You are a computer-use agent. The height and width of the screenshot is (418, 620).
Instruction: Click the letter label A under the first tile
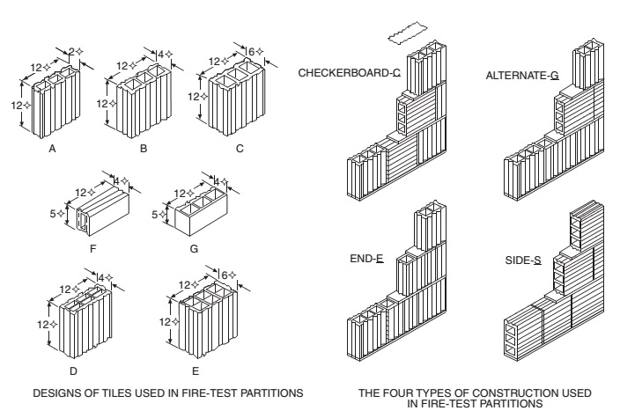click(52, 150)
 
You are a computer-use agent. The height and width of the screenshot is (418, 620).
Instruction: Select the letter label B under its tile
click(143, 150)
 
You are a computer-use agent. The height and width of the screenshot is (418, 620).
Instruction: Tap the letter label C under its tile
click(239, 150)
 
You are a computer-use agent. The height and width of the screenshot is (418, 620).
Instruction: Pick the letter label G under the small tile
click(194, 249)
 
